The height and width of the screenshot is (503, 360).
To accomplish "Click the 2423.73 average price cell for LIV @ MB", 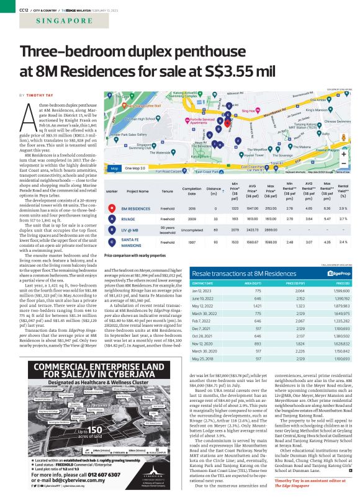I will pos(253,229).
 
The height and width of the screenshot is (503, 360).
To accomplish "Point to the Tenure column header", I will pos(168,192).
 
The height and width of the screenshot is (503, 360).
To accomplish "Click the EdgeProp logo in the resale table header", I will pos(328,272).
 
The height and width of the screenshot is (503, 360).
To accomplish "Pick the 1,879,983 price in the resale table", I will pos(330,306).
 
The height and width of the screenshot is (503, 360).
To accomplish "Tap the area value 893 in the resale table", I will pos(261,344).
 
